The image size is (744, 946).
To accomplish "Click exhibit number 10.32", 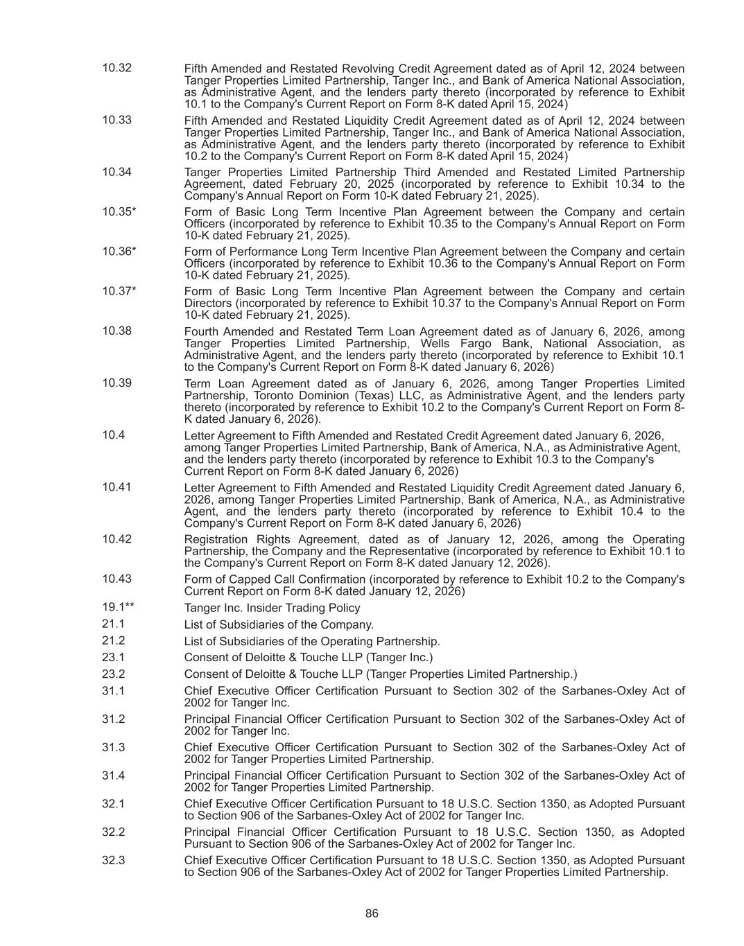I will pos(116,68).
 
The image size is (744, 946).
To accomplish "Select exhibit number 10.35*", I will pos(119,211).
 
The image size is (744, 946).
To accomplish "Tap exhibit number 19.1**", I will pos(118,607).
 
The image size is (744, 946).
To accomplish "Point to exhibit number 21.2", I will pos(113,640).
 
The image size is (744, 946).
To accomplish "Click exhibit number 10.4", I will pos(113,435).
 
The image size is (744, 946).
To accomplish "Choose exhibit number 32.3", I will pos(113,859).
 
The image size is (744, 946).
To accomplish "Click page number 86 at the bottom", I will pos(372,913).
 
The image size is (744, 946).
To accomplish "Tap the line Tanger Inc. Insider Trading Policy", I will pos(272,608).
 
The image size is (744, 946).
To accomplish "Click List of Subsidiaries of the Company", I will pos(279,624).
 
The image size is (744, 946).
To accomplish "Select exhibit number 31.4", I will pos(113,776).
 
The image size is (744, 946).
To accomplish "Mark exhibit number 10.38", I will pos(116,331).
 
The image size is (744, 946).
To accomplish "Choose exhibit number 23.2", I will pos(113,674).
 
